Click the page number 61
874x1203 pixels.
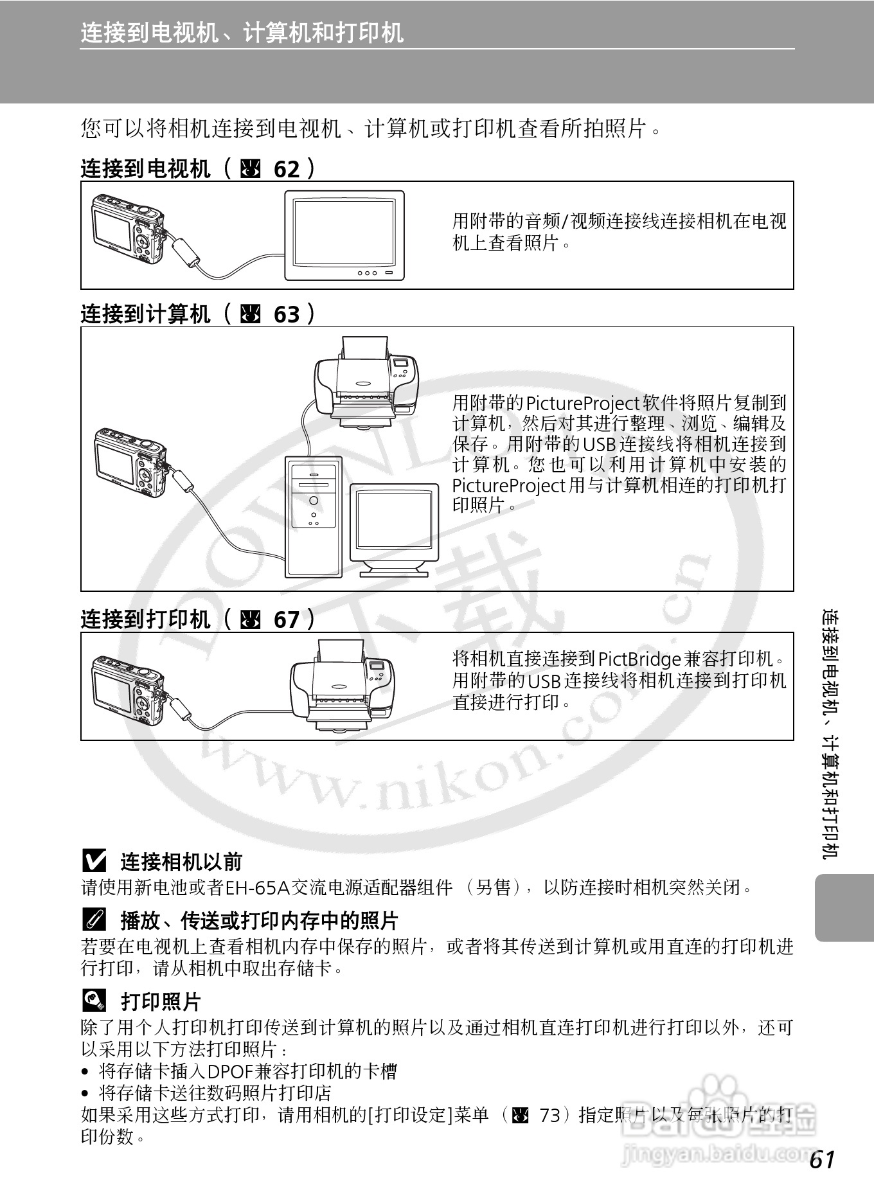point(822,1159)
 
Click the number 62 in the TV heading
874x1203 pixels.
point(287,170)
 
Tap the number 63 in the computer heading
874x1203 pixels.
point(287,315)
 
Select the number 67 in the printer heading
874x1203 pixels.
point(287,620)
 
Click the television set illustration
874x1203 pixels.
point(344,235)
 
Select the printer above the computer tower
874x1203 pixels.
point(364,383)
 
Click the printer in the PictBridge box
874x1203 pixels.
point(343,685)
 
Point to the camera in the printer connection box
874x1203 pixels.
point(128,690)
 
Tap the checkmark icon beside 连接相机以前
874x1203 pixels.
point(94,860)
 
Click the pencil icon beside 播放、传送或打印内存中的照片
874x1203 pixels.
point(94,920)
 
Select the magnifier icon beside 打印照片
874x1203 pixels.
point(94,1001)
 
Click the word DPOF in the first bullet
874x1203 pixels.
point(231,1071)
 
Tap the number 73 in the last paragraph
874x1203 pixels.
point(549,1115)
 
